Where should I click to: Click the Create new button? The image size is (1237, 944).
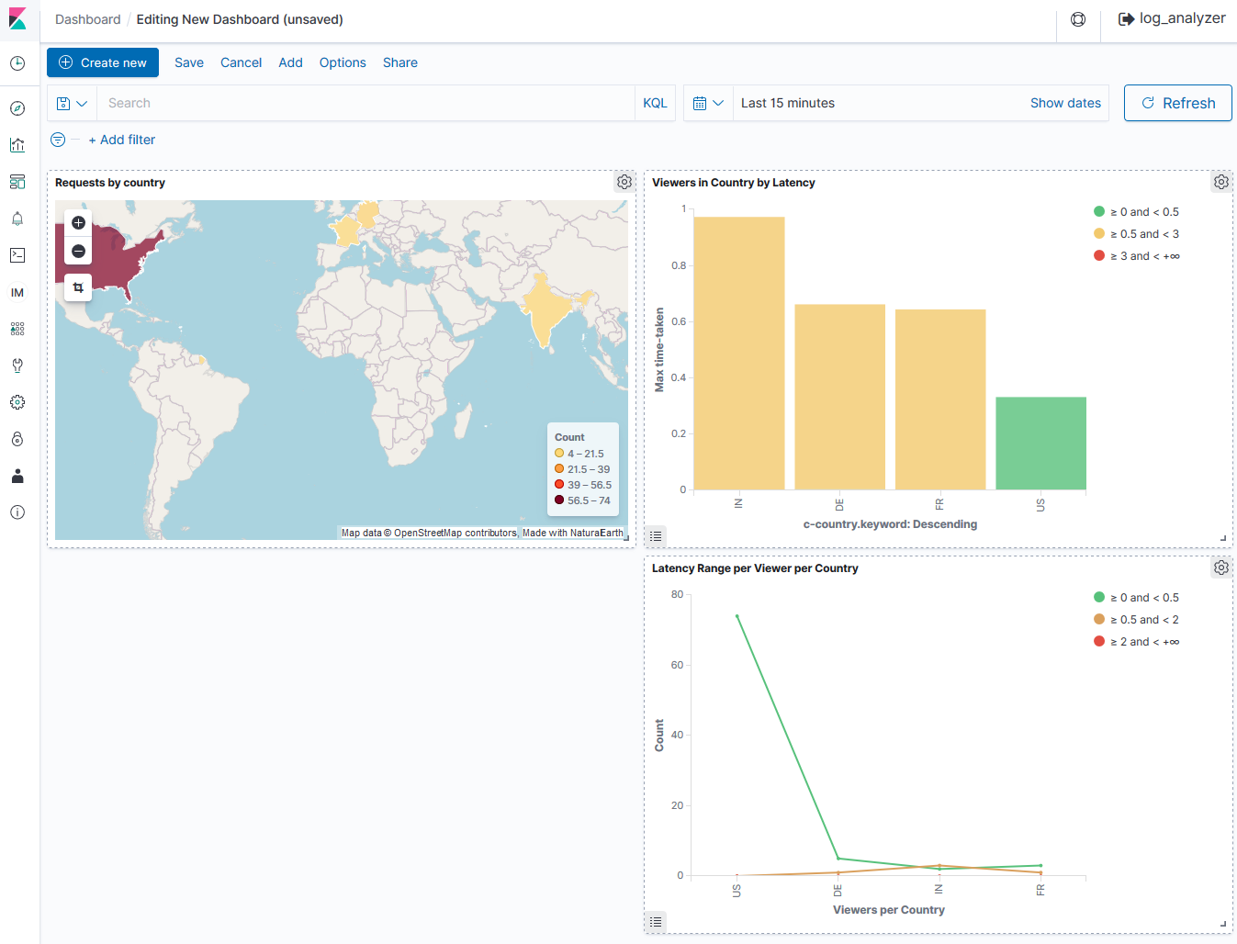[x=103, y=62]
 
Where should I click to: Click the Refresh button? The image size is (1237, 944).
[x=1178, y=103]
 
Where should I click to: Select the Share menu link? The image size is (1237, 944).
[x=400, y=62]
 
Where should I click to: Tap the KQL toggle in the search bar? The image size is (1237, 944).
[x=655, y=103]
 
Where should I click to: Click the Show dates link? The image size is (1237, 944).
[x=1065, y=103]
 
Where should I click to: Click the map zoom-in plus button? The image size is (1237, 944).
[x=79, y=222]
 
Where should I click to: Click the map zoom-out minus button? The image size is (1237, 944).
[x=79, y=252]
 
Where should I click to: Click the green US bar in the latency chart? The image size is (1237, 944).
[x=1040, y=444]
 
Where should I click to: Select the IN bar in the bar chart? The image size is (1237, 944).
[x=739, y=354]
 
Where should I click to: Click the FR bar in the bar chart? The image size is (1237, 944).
[x=940, y=399]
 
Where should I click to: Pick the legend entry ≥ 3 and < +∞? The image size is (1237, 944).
[x=1144, y=256]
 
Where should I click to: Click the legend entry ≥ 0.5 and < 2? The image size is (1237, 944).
[x=1144, y=620]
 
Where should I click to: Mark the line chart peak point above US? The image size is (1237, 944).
[x=737, y=616]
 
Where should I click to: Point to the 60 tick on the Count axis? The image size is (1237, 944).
[x=677, y=665]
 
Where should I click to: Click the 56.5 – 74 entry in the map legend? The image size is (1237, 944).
[x=588, y=500]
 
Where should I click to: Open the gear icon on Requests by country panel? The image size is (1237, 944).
[x=624, y=182]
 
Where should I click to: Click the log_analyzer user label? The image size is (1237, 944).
[x=1182, y=18]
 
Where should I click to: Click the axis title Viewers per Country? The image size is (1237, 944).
[x=888, y=910]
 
